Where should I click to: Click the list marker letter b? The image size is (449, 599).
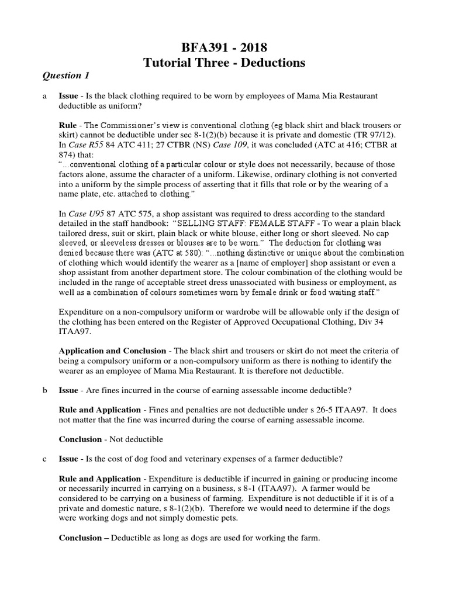coord(44,390)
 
